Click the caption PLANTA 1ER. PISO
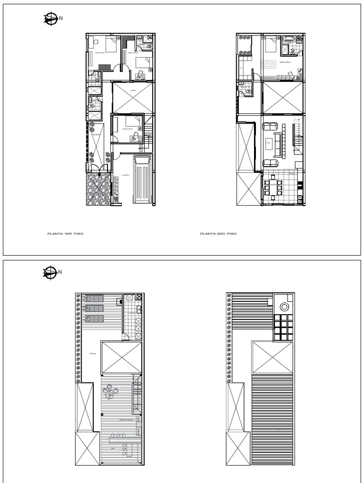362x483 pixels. [65, 233]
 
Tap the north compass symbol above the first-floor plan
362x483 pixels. [49, 19]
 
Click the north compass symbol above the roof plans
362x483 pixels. [49, 272]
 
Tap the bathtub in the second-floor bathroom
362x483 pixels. [288, 39]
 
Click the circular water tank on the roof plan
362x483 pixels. [284, 307]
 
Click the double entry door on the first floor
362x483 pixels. [99, 166]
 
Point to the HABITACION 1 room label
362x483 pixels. [101, 53]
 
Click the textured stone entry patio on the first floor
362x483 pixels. [98, 189]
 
